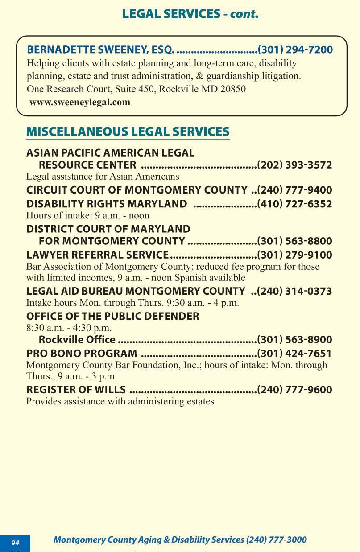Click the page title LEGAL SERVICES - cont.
[190, 14]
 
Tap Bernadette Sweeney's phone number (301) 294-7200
[295, 49]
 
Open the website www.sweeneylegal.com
[80, 102]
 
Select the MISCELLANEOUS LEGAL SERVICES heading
[128, 132]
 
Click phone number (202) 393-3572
[294, 165]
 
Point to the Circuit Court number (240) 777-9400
[294, 190]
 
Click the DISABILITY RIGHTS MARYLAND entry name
[107, 204]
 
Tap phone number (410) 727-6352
[294, 204]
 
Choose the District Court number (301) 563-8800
[294, 241]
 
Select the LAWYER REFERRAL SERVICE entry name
[97, 255]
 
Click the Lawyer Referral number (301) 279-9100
[294, 255]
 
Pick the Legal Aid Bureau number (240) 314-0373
[294, 292]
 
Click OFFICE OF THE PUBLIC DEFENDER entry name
[113, 316]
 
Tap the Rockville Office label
[77, 340]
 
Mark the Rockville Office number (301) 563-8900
[294, 340]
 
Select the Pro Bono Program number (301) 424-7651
[294, 354]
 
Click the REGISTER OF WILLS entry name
[76, 390]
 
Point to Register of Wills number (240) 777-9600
[294, 390]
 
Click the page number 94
[15, 543]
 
